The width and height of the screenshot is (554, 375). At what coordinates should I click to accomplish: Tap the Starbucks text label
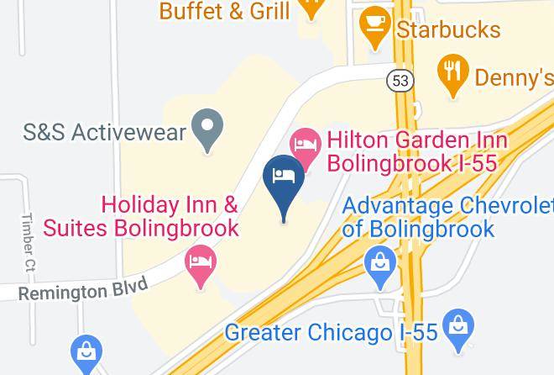coord(449,30)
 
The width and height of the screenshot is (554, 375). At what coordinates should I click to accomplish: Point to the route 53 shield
coord(400,80)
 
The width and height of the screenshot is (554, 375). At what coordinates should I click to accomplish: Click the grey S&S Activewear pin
coord(206,130)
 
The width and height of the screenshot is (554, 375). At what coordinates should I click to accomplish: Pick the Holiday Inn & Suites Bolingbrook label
coord(170,216)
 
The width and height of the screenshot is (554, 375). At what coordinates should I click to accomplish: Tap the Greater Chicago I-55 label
coord(331,332)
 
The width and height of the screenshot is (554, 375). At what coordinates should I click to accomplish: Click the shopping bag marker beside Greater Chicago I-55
coord(458,327)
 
